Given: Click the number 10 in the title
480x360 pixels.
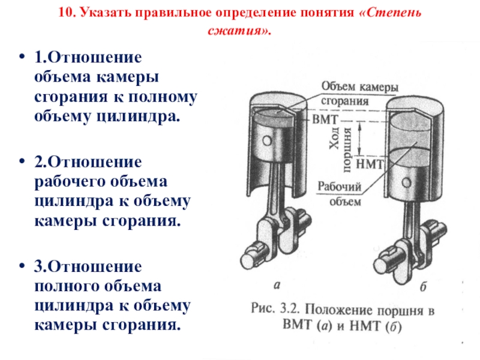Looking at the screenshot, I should click(x=65, y=13).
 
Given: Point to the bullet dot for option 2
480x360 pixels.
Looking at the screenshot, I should click(x=23, y=162).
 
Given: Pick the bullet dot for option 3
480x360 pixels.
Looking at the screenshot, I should click(x=23, y=266).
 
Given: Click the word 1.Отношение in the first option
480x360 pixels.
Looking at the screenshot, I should click(x=88, y=59).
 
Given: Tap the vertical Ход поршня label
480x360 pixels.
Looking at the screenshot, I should click(x=340, y=139).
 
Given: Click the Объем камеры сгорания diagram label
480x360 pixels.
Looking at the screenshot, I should click(x=359, y=94).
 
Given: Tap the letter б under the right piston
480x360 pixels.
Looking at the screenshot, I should click(x=423, y=286).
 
